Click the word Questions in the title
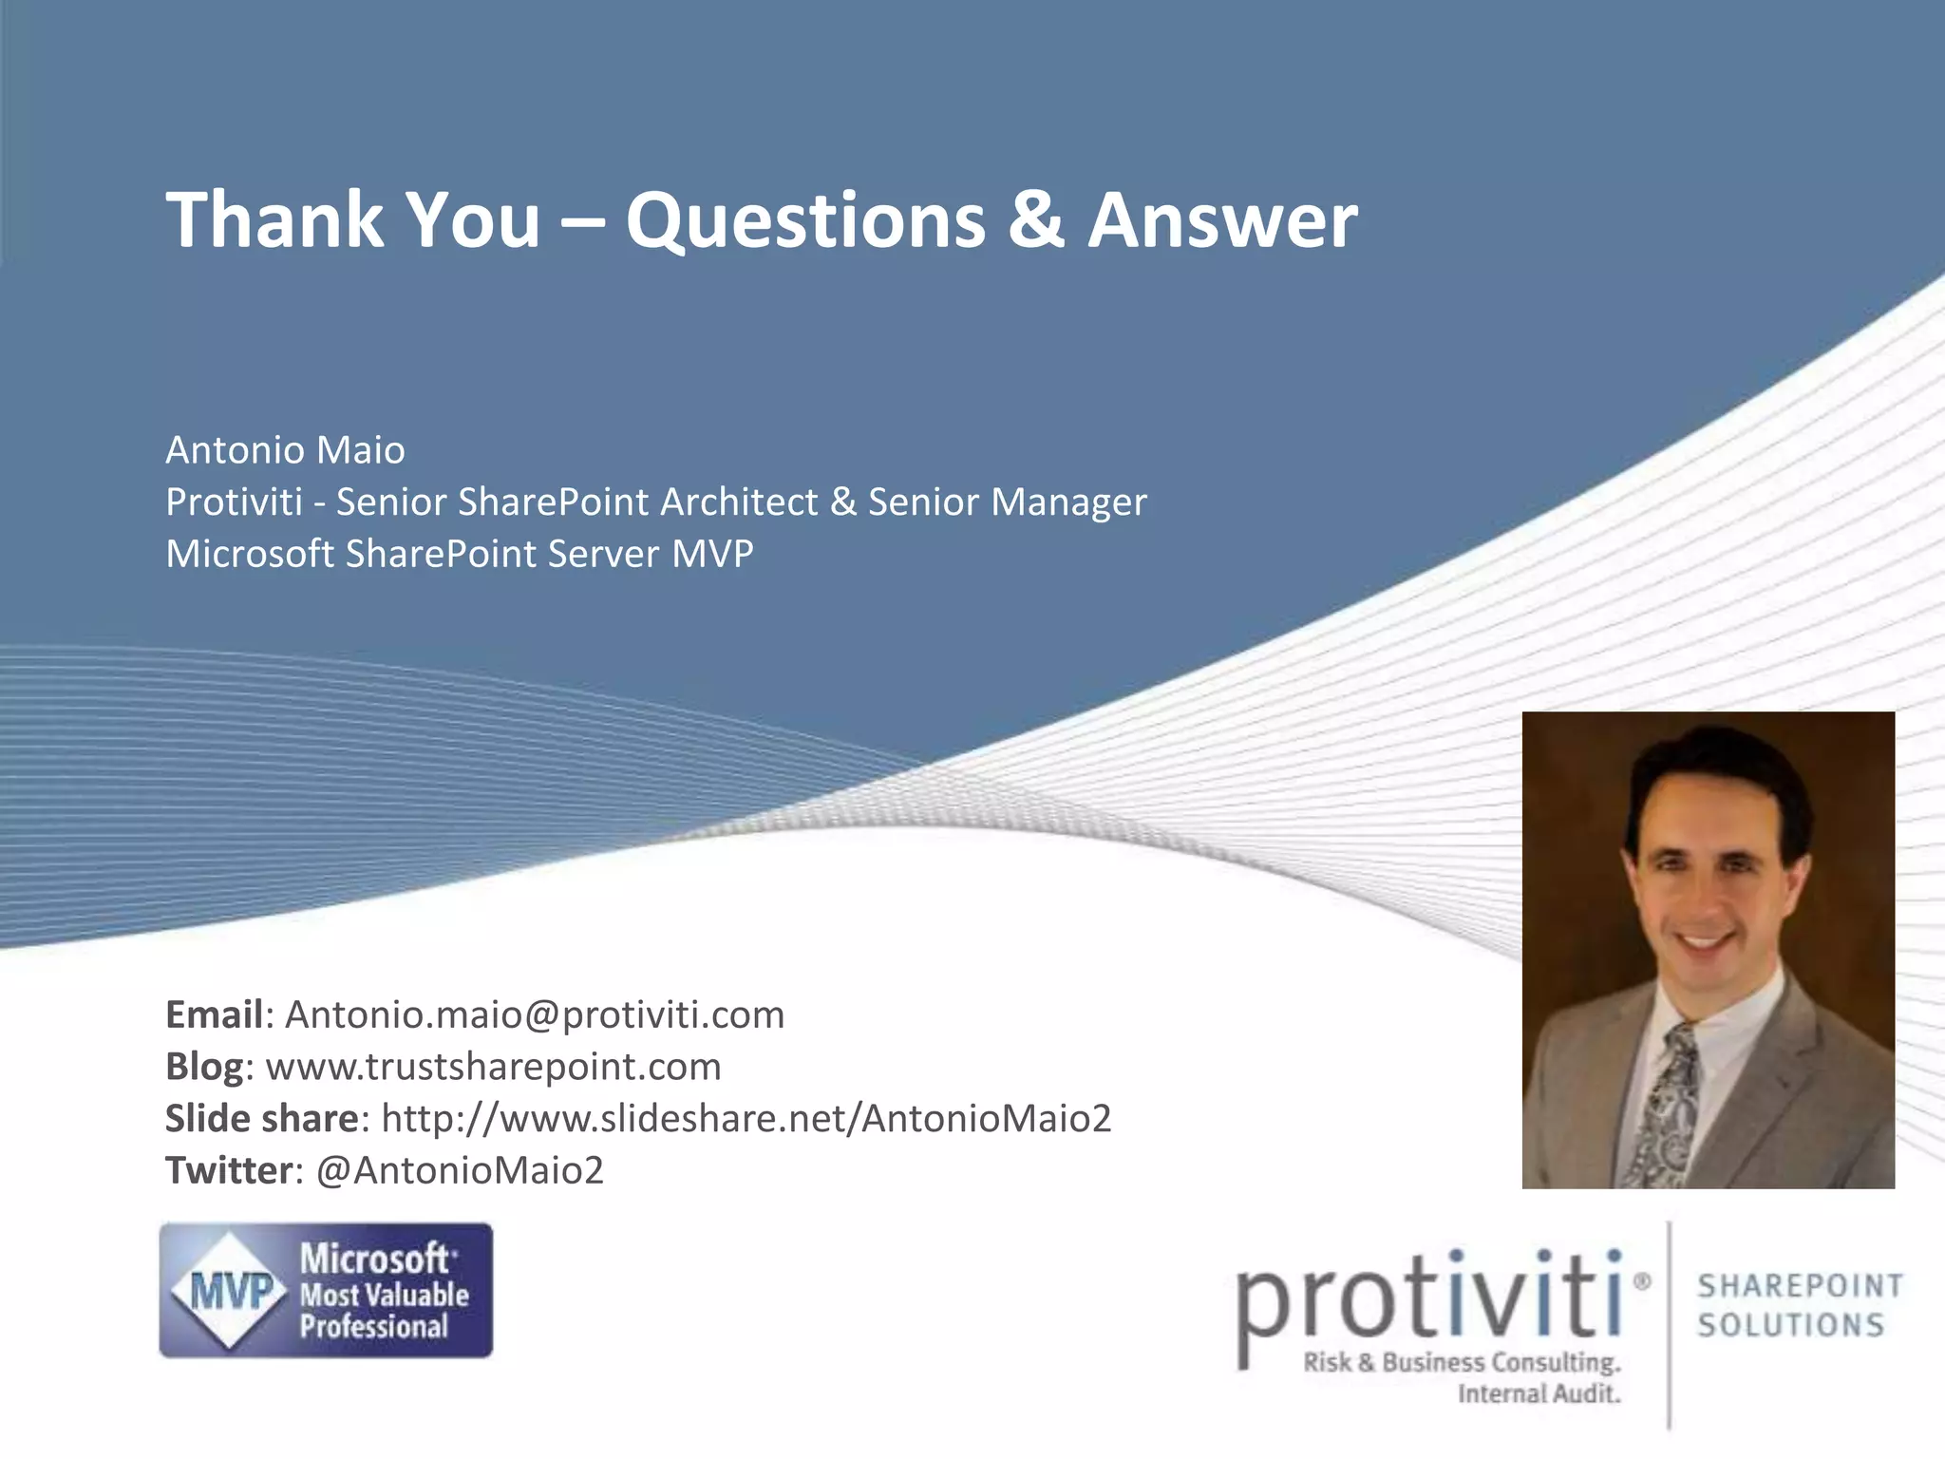805,220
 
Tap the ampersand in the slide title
1036,220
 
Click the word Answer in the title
1222,220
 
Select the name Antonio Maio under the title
285,450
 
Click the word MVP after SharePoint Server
712,554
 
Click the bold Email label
214,1014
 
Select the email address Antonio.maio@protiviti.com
535,1014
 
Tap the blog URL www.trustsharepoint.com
493,1067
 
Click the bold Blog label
204,1067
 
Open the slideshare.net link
746,1119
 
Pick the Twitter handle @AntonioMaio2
460,1170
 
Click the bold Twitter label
228,1170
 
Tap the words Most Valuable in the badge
384,1295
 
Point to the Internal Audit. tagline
1539,1393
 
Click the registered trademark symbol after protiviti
1640,1282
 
